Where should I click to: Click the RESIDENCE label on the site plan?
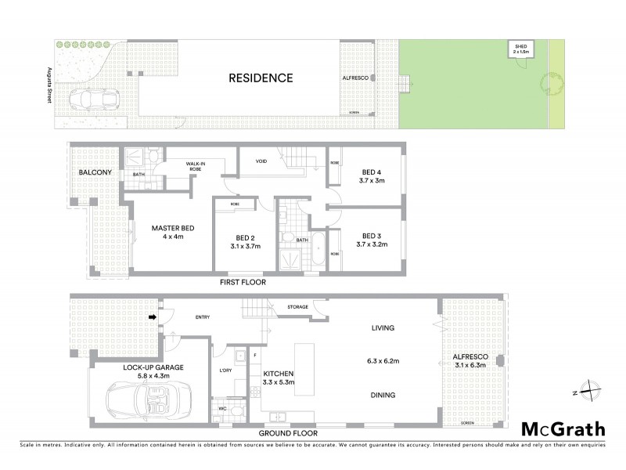[x=261, y=78]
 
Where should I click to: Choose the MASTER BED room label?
[x=172, y=228]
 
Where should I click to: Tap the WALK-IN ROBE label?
[x=196, y=167]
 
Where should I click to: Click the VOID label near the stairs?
[x=261, y=161]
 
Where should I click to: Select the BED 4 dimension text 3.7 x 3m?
[x=371, y=181]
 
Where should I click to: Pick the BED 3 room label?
[x=371, y=236]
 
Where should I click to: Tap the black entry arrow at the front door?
[x=153, y=317]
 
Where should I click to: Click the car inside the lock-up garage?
[x=149, y=400]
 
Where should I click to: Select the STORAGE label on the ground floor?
[x=297, y=307]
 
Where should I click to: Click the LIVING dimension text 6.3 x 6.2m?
[x=383, y=361]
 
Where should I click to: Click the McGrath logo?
[x=563, y=428]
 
